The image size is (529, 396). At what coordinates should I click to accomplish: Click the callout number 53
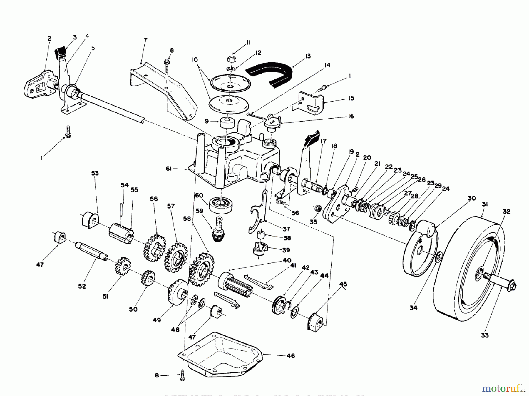coord(95,173)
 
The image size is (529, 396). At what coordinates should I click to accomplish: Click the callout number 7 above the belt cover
coord(145,40)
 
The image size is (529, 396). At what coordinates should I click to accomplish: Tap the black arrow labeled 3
coord(61,52)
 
